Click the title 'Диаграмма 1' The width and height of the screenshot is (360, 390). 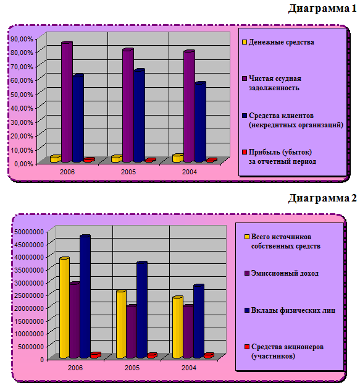[322, 9]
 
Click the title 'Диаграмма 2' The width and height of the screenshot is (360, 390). [322, 198]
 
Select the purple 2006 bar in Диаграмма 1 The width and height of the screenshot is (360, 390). [67, 102]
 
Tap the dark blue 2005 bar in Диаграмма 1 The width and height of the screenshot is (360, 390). [139, 116]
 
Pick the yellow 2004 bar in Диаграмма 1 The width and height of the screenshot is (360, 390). [178, 158]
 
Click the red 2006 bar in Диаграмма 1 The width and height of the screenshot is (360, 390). [90, 159]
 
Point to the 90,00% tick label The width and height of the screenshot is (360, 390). [22, 39]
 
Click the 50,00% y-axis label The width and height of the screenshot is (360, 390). [22, 95]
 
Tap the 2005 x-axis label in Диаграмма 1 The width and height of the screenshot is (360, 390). [128, 172]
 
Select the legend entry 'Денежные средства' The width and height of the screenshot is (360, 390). [278, 42]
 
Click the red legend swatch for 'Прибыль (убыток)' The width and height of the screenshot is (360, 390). [245, 152]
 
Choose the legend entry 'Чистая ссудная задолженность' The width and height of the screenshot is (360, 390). [272, 83]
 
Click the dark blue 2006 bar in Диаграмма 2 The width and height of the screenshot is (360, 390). [85, 297]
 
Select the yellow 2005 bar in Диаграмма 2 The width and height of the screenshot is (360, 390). [121, 324]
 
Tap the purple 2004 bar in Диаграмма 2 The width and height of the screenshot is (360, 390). [188, 331]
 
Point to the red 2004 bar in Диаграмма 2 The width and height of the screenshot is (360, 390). [209, 355]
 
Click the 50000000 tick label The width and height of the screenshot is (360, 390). [29, 232]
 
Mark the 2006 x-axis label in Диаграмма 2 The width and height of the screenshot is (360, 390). [75, 368]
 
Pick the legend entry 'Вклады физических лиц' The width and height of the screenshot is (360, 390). [290, 310]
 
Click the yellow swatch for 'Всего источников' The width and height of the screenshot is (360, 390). [247, 237]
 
